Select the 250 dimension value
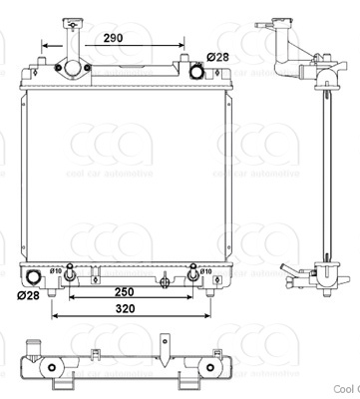point(124,292)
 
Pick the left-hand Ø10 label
point(57,269)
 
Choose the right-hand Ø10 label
point(205,269)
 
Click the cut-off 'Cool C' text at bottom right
point(345,391)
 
